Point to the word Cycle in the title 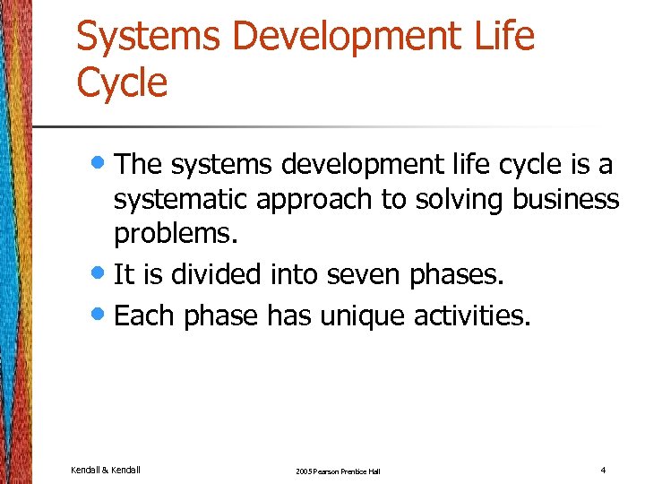tap(122, 83)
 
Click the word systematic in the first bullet tap(180, 200)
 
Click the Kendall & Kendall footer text tap(105, 470)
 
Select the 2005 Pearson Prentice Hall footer tap(336, 471)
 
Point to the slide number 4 tap(604, 470)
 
